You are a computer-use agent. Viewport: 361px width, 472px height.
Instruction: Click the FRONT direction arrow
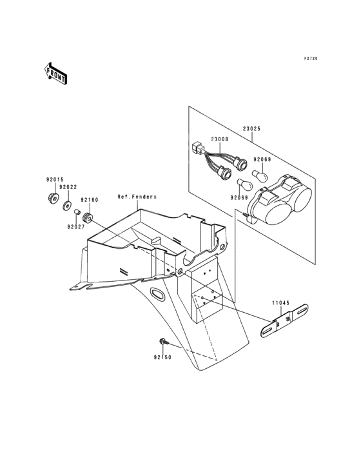pyautogui.click(x=55, y=74)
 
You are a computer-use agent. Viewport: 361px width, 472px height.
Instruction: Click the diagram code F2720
pyautogui.click(x=310, y=59)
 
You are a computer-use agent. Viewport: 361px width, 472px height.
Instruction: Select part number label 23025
pyautogui.click(x=252, y=129)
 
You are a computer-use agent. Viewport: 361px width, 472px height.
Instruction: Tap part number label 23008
pyautogui.click(x=219, y=139)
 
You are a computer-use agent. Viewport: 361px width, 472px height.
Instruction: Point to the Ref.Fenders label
pyautogui.click(x=137, y=197)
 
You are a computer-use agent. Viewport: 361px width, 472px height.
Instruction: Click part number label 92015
pyautogui.click(x=55, y=180)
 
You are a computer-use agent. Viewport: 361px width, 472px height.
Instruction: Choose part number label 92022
pyautogui.click(x=68, y=187)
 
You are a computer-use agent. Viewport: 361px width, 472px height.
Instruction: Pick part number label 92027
pyautogui.click(x=76, y=227)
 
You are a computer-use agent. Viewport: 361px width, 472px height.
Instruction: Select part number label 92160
pyautogui.click(x=90, y=200)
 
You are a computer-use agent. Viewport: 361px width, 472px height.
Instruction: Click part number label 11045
pyautogui.click(x=281, y=303)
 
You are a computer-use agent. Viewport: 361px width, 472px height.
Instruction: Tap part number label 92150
pyautogui.click(x=162, y=357)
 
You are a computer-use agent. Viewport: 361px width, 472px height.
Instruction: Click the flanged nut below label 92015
pyautogui.click(x=53, y=198)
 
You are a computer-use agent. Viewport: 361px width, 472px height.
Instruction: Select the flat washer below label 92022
pyautogui.click(x=66, y=206)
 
